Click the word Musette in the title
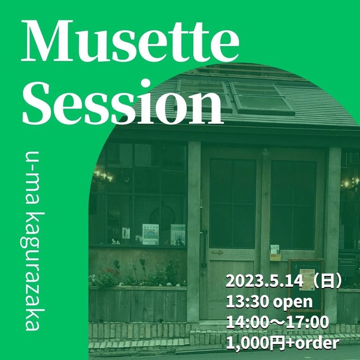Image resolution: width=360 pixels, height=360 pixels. pos(130,41)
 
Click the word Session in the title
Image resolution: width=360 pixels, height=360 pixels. pos(123,102)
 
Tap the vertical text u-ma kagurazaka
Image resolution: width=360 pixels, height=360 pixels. pos(32,241)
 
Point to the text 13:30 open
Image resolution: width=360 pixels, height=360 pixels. pos(269,302)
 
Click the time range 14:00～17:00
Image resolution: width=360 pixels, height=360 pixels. pos(277,322)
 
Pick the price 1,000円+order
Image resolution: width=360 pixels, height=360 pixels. pos(283,343)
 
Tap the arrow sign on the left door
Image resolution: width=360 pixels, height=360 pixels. pos(217,252)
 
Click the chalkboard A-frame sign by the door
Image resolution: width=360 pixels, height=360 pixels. pos(306,285)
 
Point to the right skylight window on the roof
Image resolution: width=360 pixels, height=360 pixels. pos(262,98)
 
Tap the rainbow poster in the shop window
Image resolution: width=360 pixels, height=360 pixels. pos(151,234)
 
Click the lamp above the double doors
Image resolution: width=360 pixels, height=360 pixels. pos(265,153)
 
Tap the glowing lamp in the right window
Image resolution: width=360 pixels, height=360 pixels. pos(347,183)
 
